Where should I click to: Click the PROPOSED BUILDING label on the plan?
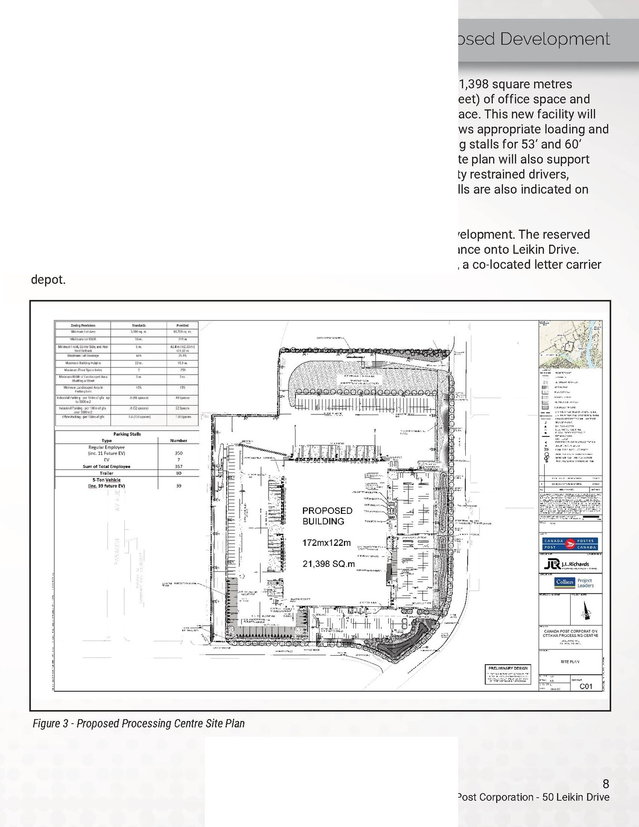(x=327, y=516)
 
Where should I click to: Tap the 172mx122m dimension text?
(x=326, y=543)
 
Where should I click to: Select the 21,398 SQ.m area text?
(x=328, y=564)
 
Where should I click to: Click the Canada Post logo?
(x=570, y=544)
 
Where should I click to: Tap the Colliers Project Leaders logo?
(x=574, y=583)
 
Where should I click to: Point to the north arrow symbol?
(x=586, y=610)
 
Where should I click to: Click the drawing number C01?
(x=586, y=686)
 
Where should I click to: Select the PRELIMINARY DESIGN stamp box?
(x=508, y=675)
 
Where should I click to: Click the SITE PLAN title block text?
(x=570, y=662)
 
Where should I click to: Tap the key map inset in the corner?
(x=570, y=345)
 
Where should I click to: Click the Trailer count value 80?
(x=179, y=473)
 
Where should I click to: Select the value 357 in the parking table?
(x=179, y=466)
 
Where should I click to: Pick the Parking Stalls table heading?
(x=127, y=434)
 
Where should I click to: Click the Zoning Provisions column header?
(x=83, y=325)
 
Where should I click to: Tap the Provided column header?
(x=182, y=325)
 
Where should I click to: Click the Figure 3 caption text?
(x=138, y=723)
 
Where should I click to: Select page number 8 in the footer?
(x=606, y=784)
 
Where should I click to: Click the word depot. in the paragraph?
(x=48, y=280)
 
